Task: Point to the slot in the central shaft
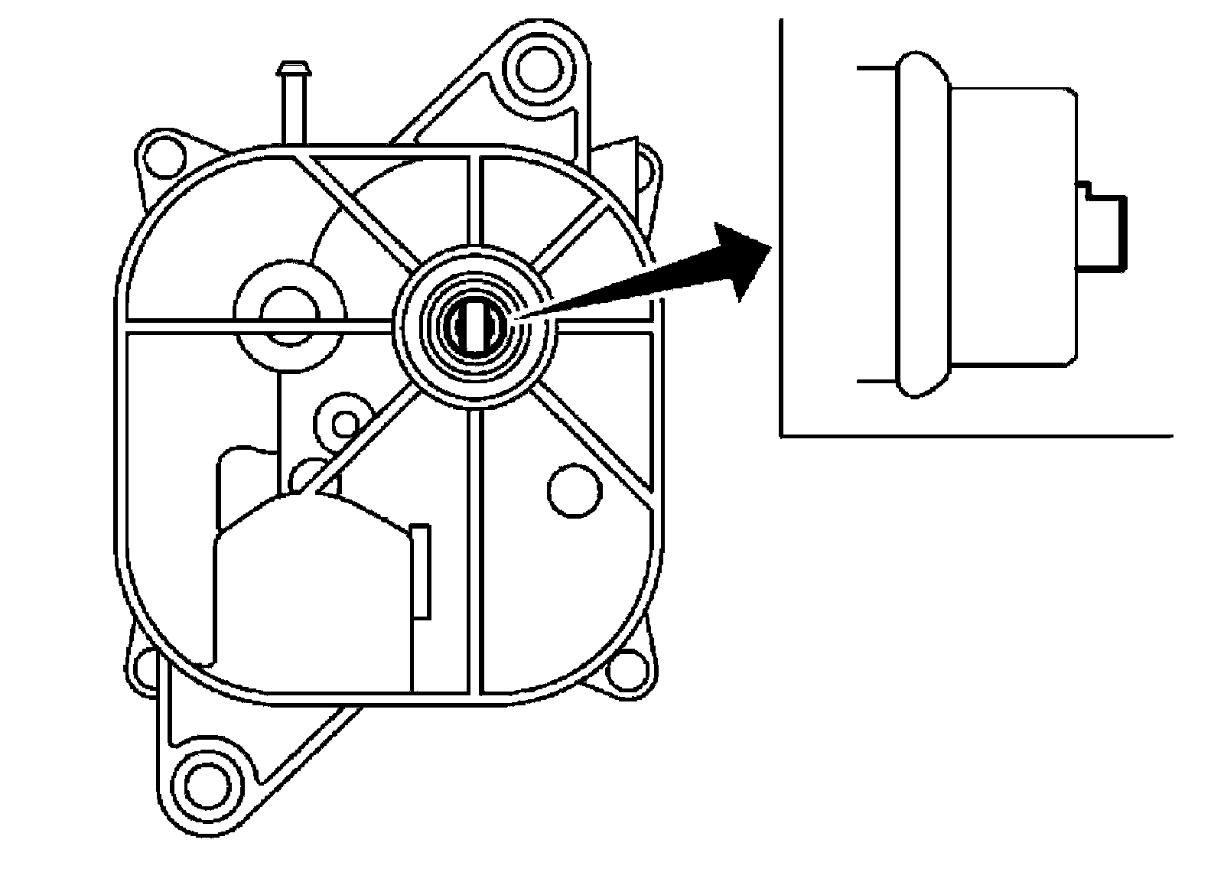pyautogui.click(x=476, y=327)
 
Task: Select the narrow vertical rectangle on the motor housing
pyautogui.click(x=420, y=570)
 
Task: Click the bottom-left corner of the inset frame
pyautogui.click(x=781, y=436)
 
